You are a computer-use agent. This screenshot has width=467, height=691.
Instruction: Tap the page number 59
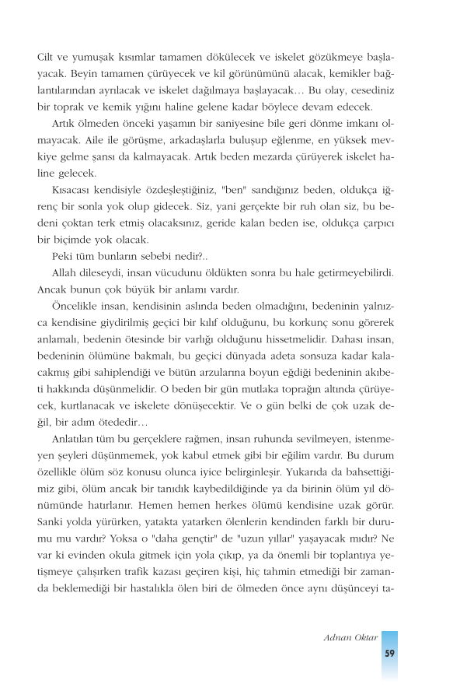[x=389, y=653]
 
